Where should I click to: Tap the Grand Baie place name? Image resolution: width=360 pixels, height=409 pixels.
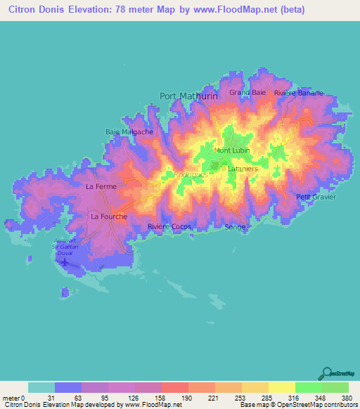[x=247, y=92]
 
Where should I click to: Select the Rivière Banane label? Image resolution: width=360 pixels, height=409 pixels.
[x=298, y=93]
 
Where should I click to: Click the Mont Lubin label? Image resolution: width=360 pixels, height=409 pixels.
[x=232, y=150]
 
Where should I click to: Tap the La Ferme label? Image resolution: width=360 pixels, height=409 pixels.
[x=100, y=186]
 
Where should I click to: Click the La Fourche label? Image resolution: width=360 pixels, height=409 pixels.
[x=109, y=216]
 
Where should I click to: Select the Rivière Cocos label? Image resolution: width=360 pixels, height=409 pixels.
[x=169, y=226]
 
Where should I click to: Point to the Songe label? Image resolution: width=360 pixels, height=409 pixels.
[x=235, y=227]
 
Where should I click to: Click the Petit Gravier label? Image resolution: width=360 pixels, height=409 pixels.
[x=316, y=197]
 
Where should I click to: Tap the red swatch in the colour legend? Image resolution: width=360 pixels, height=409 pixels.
[x=175, y=387]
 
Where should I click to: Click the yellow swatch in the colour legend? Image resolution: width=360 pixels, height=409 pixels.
[x=282, y=387]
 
